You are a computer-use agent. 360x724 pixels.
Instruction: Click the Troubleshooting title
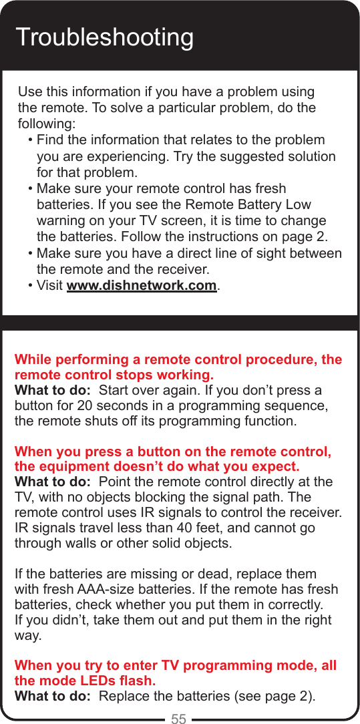click(104, 37)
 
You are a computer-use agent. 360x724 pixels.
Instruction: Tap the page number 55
click(179, 719)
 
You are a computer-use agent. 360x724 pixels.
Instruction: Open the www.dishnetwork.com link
click(142, 286)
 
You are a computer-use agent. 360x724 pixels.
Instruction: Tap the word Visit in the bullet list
click(51, 286)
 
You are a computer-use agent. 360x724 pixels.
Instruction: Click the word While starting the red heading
click(33, 361)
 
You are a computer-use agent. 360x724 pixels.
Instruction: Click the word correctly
click(291, 605)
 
